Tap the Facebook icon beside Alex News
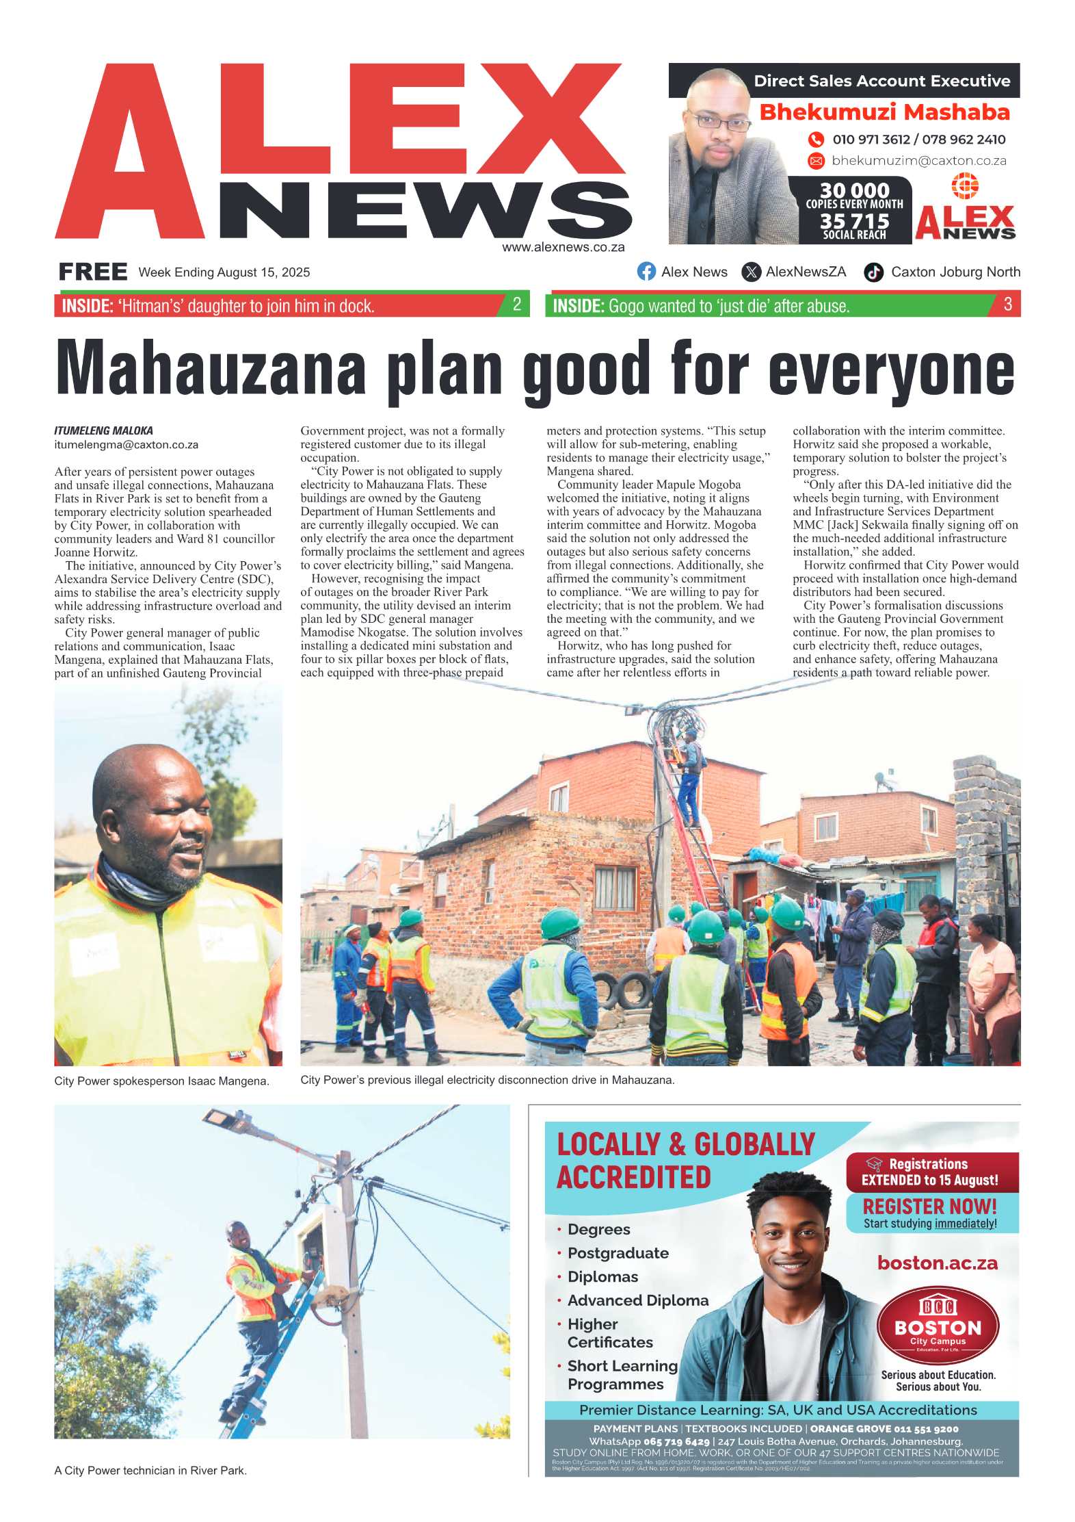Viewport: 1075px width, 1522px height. click(646, 272)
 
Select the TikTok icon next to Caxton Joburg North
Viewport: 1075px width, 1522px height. click(873, 272)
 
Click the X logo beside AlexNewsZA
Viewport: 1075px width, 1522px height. click(751, 272)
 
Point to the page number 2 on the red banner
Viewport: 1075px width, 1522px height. click(517, 305)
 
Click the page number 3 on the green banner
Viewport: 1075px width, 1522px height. click(1007, 305)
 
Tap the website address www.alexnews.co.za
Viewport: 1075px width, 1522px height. click(563, 248)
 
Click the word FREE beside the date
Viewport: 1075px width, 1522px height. click(93, 272)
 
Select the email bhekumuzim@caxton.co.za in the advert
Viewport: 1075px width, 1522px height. click(918, 161)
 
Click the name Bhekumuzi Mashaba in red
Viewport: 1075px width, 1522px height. click(884, 112)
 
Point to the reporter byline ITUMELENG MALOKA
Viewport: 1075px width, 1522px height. click(103, 430)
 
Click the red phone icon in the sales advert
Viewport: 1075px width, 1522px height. click(816, 140)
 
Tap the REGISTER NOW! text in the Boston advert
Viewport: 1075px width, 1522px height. click(929, 1207)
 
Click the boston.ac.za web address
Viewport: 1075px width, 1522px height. click(937, 1263)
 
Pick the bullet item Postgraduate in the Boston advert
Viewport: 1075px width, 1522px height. click(618, 1253)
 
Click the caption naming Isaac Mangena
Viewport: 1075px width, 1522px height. click(161, 1081)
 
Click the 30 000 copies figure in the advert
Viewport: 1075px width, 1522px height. click(854, 190)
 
